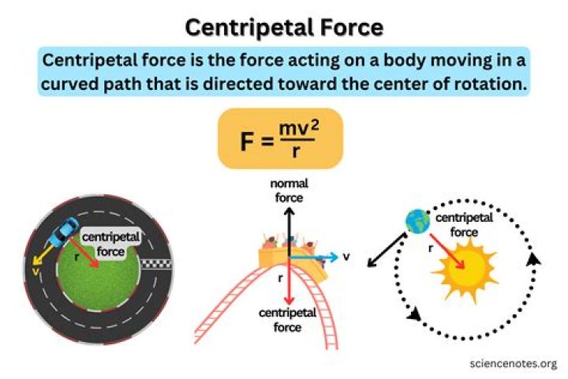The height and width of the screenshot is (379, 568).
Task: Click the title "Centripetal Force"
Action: (x=284, y=28)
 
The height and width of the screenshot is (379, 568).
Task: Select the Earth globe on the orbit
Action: (x=416, y=221)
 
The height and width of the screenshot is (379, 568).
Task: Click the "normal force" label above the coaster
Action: (x=289, y=190)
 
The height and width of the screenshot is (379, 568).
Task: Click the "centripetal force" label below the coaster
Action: (x=289, y=320)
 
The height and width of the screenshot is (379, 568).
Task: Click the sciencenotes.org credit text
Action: (x=511, y=363)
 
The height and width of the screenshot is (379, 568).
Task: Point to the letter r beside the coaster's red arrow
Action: (x=279, y=278)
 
